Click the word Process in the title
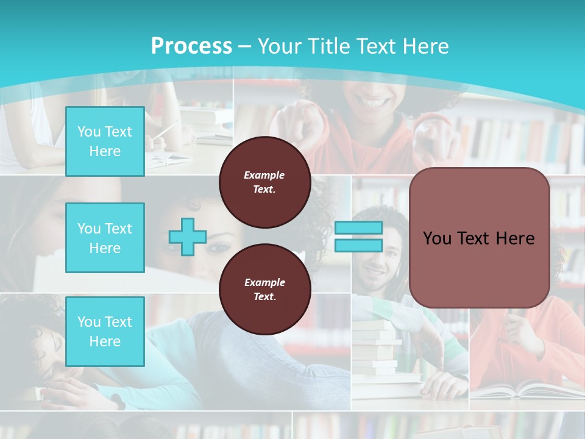point(191,46)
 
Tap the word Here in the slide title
point(424,46)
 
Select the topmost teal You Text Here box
point(105,141)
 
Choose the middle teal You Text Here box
point(105,238)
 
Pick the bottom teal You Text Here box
point(105,332)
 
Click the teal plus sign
point(188,237)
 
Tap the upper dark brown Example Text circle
point(264,182)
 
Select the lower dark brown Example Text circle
point(264,290)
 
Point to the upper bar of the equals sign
point(358,228)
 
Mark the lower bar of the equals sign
point(358,246)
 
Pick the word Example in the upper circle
point(264,175)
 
